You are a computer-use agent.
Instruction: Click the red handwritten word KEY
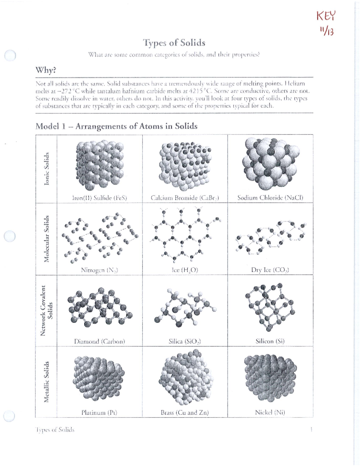[325, 16]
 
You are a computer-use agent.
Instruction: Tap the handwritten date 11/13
[326, 31]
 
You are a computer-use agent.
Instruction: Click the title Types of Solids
[174, 43]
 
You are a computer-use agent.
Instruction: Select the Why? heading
[46, 70]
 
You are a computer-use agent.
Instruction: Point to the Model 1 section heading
[116, 126]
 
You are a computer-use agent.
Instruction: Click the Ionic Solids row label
[46, 169]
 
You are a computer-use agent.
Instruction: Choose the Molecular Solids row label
[46, 239]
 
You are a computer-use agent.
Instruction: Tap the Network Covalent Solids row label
[46, 310]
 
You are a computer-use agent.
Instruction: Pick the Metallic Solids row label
[46, 382]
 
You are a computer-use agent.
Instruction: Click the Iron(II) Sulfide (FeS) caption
[99, 198]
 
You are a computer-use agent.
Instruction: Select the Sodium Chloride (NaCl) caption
[270, 197]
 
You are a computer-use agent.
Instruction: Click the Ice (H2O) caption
[185, 270]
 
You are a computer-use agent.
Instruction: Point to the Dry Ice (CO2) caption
[270, 270]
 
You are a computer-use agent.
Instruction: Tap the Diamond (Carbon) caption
[99, 341]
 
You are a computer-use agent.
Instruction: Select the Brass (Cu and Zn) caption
[184, 413]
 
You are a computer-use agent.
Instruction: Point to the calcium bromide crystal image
[184, 166]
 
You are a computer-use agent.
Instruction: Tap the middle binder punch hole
[10, 236]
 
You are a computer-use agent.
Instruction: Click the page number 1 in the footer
[311, 429]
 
